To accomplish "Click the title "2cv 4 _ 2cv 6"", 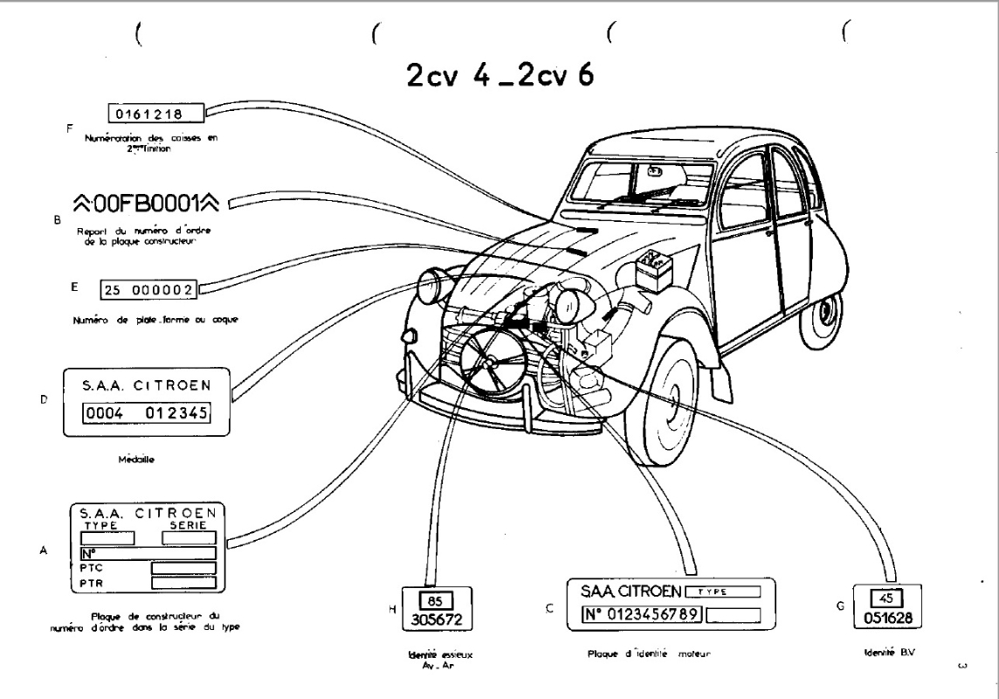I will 499,75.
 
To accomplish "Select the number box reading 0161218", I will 155,112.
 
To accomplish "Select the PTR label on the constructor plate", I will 92,583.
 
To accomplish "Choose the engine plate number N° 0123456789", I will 641,612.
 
